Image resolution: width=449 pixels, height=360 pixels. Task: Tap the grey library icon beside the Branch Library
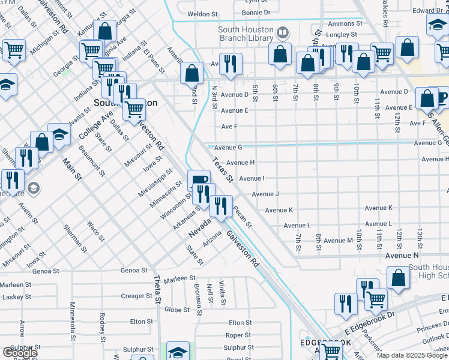click(282, 32)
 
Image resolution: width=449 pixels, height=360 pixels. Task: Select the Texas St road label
click(221, 170)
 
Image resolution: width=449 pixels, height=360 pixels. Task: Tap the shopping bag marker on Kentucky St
click(104, 31)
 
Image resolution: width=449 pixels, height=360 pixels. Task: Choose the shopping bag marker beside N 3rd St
click(191, 74)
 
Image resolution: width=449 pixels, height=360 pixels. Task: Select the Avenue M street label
click(338, 241)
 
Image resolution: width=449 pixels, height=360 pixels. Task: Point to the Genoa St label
click(133, 271)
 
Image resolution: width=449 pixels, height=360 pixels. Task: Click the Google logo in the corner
click(20, 353)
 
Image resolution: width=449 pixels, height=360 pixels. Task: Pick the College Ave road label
click(95, 125)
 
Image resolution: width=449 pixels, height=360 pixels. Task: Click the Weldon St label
click(202, 14)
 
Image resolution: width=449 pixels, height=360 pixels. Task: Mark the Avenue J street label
click(265, 194)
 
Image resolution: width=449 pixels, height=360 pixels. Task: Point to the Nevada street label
click(200, 227)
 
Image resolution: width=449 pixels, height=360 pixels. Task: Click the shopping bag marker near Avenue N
click(398, 278)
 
